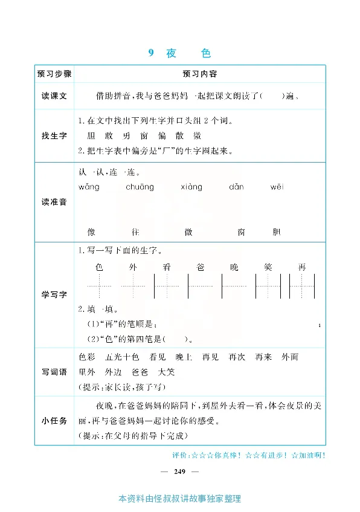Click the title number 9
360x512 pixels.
click(x=151, y=53)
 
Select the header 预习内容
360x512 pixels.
click(x=199, y=74)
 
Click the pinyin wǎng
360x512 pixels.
click(x=89, y=187)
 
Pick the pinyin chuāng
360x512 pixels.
click(x=140, y=187)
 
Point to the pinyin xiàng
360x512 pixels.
click(x=191, y=187)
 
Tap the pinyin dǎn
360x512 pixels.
click(x=236, y=187)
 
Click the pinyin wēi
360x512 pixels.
click(x=277, y=187)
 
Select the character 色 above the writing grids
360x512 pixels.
click(x=100, y=267)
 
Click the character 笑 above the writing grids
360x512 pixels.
click(x=268, y=267)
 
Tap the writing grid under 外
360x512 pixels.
click(x=133, y=285)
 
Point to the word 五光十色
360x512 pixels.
click(x=122, y=357)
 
